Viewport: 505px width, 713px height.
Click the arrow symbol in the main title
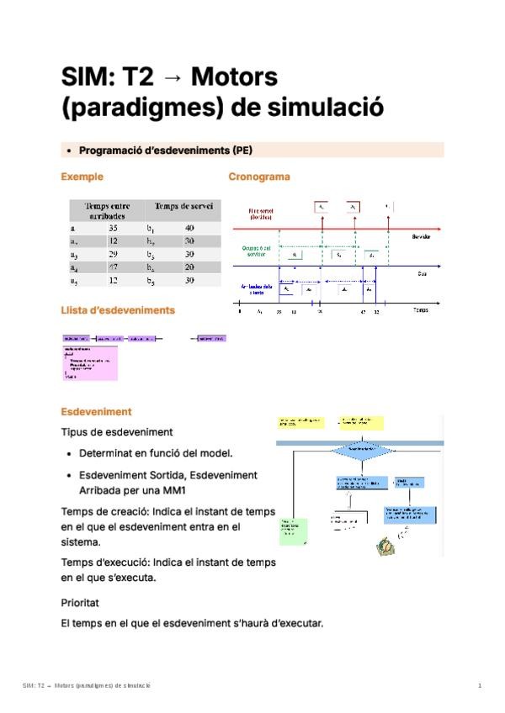[172, 78]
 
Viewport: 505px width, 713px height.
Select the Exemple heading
[82, 177]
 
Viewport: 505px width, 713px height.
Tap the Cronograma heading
[259, 177]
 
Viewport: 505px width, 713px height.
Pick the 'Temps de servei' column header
[183, 206]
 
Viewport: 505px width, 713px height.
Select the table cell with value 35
[114, 228]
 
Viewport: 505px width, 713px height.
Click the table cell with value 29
[114, 254]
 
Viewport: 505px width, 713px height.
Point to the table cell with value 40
[189, 228]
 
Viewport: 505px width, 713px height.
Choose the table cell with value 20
[189, 267]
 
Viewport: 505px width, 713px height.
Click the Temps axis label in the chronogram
[421, 310]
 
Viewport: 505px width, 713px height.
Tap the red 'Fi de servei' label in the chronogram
[260, 214]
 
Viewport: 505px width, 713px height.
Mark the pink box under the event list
[90, 362]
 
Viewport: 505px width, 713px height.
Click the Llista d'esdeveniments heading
[118, 310]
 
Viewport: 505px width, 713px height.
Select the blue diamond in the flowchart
[362, 449]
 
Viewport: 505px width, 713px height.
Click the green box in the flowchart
[294, 528]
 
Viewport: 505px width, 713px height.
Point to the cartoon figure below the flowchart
[385, 543]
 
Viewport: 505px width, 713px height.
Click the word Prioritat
[80, 603]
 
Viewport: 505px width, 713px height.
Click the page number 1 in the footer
[480, 687]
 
